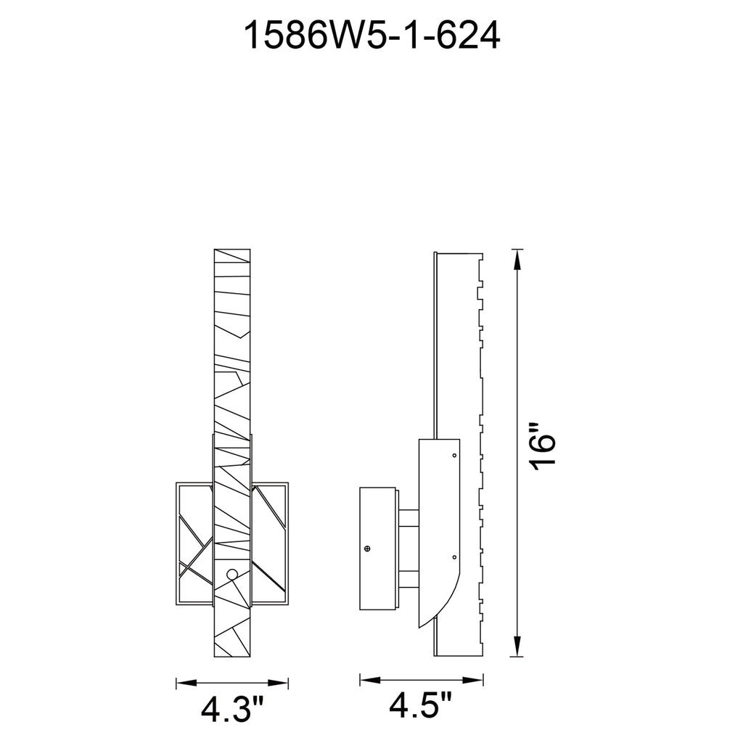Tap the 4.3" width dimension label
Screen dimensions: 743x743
click(233, 710)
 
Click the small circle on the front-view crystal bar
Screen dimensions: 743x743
click(232, 575)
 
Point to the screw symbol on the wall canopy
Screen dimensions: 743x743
click(367, 548)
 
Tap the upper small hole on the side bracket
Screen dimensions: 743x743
click(454, 456)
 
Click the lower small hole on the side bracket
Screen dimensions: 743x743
click(454, 557)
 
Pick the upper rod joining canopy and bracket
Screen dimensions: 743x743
click(409, 518)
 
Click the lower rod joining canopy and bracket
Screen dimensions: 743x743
click(409, 578)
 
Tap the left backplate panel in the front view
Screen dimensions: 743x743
click(194, 537)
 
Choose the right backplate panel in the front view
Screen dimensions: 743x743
click(270, 537)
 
